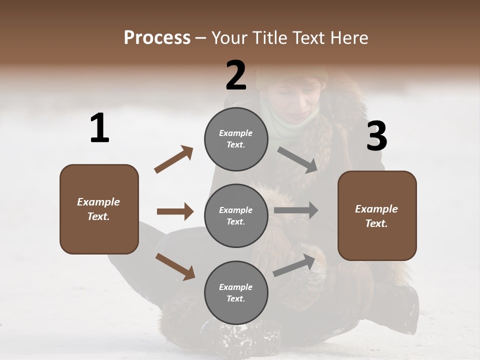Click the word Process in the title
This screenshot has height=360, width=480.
(157, 38)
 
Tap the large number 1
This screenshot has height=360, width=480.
(99, 128)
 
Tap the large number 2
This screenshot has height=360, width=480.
(236, 75)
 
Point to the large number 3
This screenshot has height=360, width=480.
(376, 136)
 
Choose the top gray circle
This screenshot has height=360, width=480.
(236, 139)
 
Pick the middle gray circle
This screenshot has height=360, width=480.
(236, 215)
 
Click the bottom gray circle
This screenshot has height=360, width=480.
(236, 292)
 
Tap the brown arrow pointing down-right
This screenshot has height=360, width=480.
(175, 266)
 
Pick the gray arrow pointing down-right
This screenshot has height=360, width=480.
(297, 160)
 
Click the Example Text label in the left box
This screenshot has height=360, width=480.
(98, 209)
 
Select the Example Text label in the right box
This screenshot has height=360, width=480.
(376, 216)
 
